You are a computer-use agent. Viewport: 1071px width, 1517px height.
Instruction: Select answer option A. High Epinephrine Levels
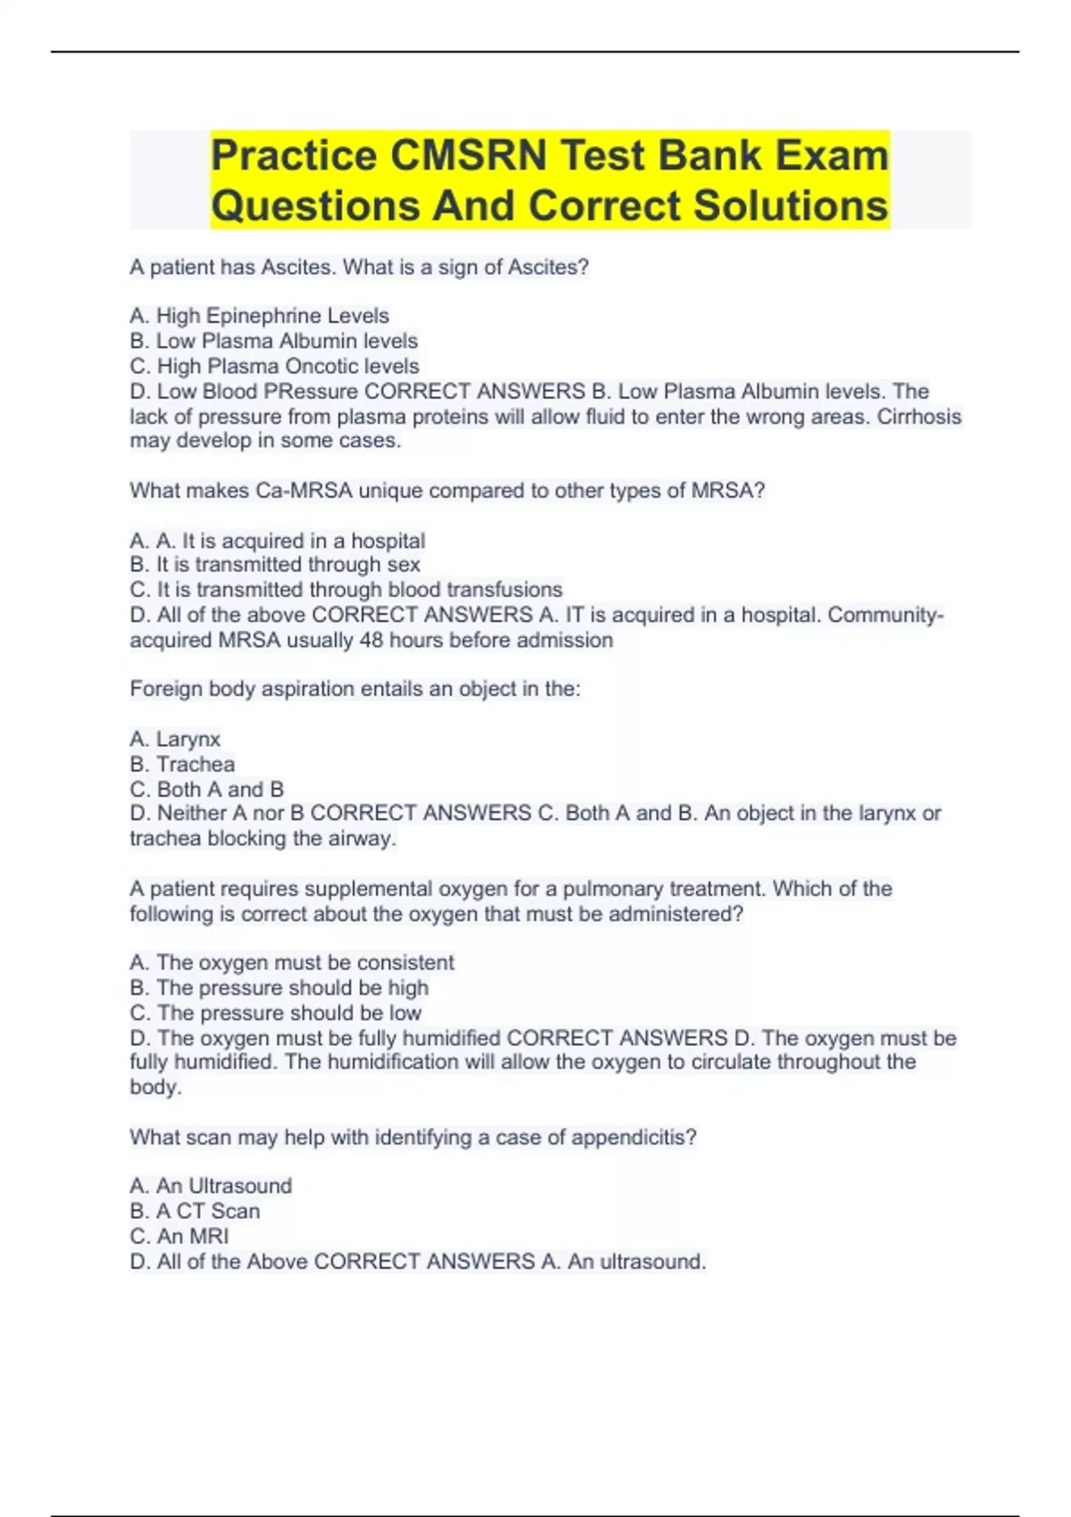[259, 316]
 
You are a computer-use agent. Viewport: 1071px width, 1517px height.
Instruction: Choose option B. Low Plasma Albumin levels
[273, 341]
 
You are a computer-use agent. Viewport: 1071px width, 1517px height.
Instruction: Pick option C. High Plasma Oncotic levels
[274, 366]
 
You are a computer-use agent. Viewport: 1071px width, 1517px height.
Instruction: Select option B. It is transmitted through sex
[275, 565]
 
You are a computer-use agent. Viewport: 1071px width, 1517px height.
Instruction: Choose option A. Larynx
[175, 739]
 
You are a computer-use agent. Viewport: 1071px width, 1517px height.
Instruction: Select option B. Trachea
[182, 764]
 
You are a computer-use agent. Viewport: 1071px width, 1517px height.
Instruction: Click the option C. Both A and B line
[206, 789]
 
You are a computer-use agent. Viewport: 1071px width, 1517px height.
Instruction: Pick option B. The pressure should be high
[278, 988]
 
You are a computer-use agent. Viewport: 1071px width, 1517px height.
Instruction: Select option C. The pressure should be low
[275, 1013]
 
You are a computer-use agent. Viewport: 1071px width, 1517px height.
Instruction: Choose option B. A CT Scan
[195, 1211]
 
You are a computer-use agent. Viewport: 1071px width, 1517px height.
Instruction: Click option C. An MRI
[178, 1236]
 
